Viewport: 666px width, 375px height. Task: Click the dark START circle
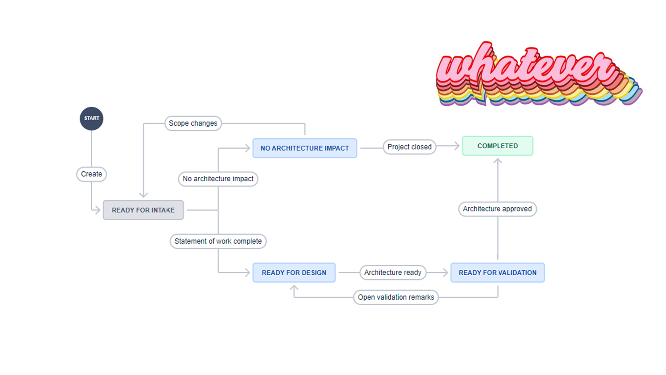[91, 118]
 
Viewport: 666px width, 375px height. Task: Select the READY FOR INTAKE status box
[143, 210]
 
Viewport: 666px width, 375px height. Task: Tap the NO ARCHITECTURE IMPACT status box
[305, 148]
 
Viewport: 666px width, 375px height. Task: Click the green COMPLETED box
[498, 146]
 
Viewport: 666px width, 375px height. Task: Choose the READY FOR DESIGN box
[294, 273]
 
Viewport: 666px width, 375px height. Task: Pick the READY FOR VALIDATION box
[498, 273]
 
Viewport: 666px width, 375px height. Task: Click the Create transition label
[91, 174]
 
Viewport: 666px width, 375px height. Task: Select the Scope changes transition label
[193, 123]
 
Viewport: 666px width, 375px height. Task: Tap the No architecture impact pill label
[218, 179]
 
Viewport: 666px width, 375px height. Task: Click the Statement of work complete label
[218, 241]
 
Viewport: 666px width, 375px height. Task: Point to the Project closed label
[409, 147]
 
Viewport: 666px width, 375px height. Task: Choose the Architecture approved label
[497, 209]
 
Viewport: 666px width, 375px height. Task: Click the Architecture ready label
[393, 272]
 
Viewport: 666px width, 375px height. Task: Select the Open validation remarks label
[396, 297]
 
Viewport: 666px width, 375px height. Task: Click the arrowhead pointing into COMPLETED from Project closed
[457, 146]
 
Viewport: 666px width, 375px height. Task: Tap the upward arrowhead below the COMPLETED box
[498, 161]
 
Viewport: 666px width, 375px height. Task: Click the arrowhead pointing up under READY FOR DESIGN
[294, 288]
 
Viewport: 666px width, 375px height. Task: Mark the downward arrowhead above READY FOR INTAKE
[143, 195]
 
